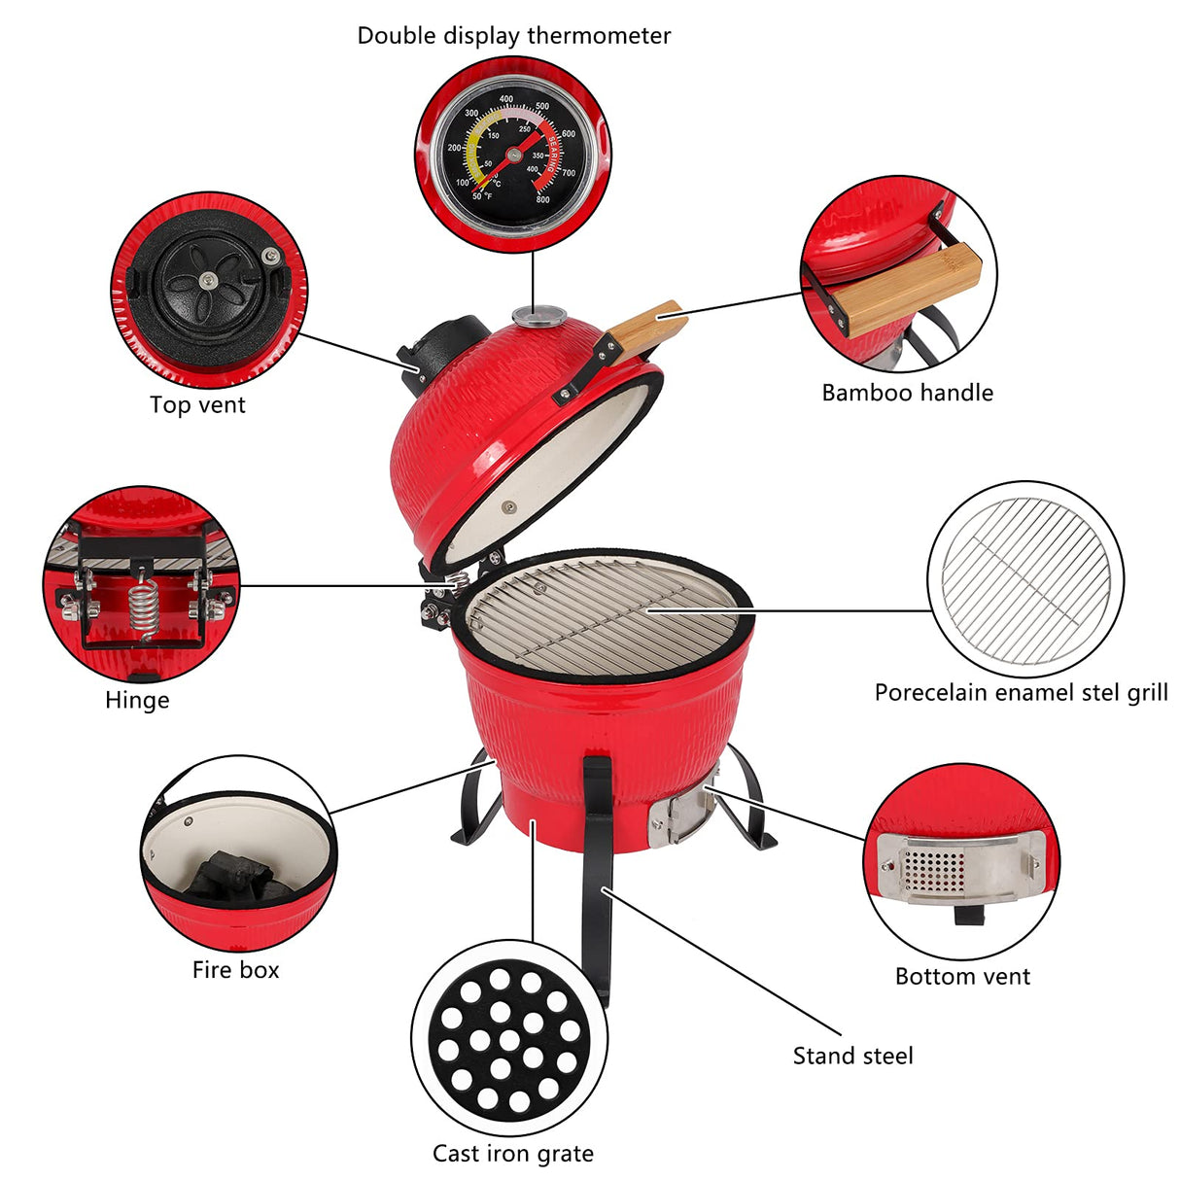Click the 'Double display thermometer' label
click(x=513, y=36)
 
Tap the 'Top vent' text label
click(x=197, y=405)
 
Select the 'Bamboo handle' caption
click(x=907, y=393)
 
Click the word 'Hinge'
click(x=137, y=701)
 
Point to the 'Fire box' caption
click(x=235, y=970)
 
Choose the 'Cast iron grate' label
click(x=512, y=1154)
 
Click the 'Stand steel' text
click(x=852, y=1056)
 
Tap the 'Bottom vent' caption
click(x=962, y=977)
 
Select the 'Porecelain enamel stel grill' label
click(x=1021, y=693)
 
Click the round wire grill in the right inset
click(x=1025, y=580)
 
